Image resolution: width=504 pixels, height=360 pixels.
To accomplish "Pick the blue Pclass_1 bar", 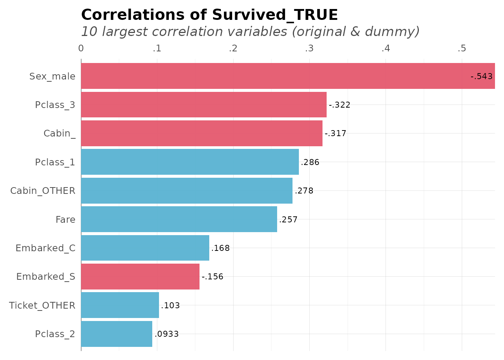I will tap(190, 162).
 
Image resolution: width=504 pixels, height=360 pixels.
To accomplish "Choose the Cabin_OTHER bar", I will tap(186, 190).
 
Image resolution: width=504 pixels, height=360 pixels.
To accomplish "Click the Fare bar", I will tap(179, 219).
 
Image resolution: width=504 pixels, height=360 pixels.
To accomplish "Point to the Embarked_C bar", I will tap(145, 248).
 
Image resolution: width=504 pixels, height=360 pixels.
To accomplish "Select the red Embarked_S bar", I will tap(140, 276).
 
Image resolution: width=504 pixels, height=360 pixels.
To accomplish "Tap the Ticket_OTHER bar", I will tap(120, 305).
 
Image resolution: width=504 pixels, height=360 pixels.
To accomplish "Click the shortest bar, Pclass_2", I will tap(116, 334).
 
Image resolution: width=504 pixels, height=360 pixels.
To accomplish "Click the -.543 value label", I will tap(481, 76).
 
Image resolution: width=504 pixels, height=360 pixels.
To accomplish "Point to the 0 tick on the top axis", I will tap(81, 48).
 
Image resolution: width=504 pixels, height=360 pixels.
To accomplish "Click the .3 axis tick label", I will tap(309, 48).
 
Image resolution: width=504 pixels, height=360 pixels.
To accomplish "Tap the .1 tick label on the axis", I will tap(157, 48).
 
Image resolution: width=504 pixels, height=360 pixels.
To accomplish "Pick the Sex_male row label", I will tap(52, 76).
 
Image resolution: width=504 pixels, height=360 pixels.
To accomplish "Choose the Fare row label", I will tap(65, 220).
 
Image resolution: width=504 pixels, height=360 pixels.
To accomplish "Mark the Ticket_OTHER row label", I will tap(42, 306).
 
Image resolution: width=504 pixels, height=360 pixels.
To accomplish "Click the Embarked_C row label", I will tap(45, 248).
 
